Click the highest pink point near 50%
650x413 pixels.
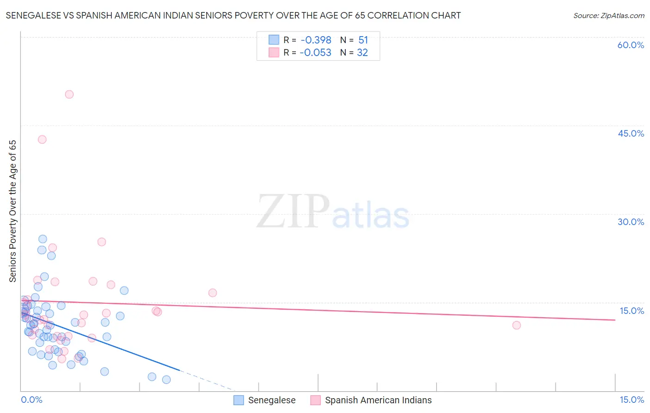[x=69, y=94]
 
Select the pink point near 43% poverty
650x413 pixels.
[x=42, y=139]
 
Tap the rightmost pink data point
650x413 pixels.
[x=516, y=325]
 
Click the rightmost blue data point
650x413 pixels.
[x=166, y=380]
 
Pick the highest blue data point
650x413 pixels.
[x=43, y=239]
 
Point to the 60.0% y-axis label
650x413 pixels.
[x=631, y=45]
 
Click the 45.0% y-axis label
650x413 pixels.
[x=631, y=133]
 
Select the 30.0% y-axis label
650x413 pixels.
[x=631, y=222]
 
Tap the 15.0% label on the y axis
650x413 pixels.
[x=632, y=311]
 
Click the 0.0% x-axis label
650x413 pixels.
[x=31, y=400]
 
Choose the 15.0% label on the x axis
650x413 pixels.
[x=632, y=400]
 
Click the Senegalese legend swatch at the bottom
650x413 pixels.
[x=239, y=400]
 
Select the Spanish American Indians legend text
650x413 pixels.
[x=378, y=400]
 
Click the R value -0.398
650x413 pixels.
[x=316, y=40]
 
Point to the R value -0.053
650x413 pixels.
[x=316, y=53]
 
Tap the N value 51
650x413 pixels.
[x=363, y=40]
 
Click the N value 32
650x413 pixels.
[x=362, y=53]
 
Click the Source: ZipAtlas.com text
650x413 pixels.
[x=608, y=16]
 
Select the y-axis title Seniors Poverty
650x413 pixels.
[x=12, y=211]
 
